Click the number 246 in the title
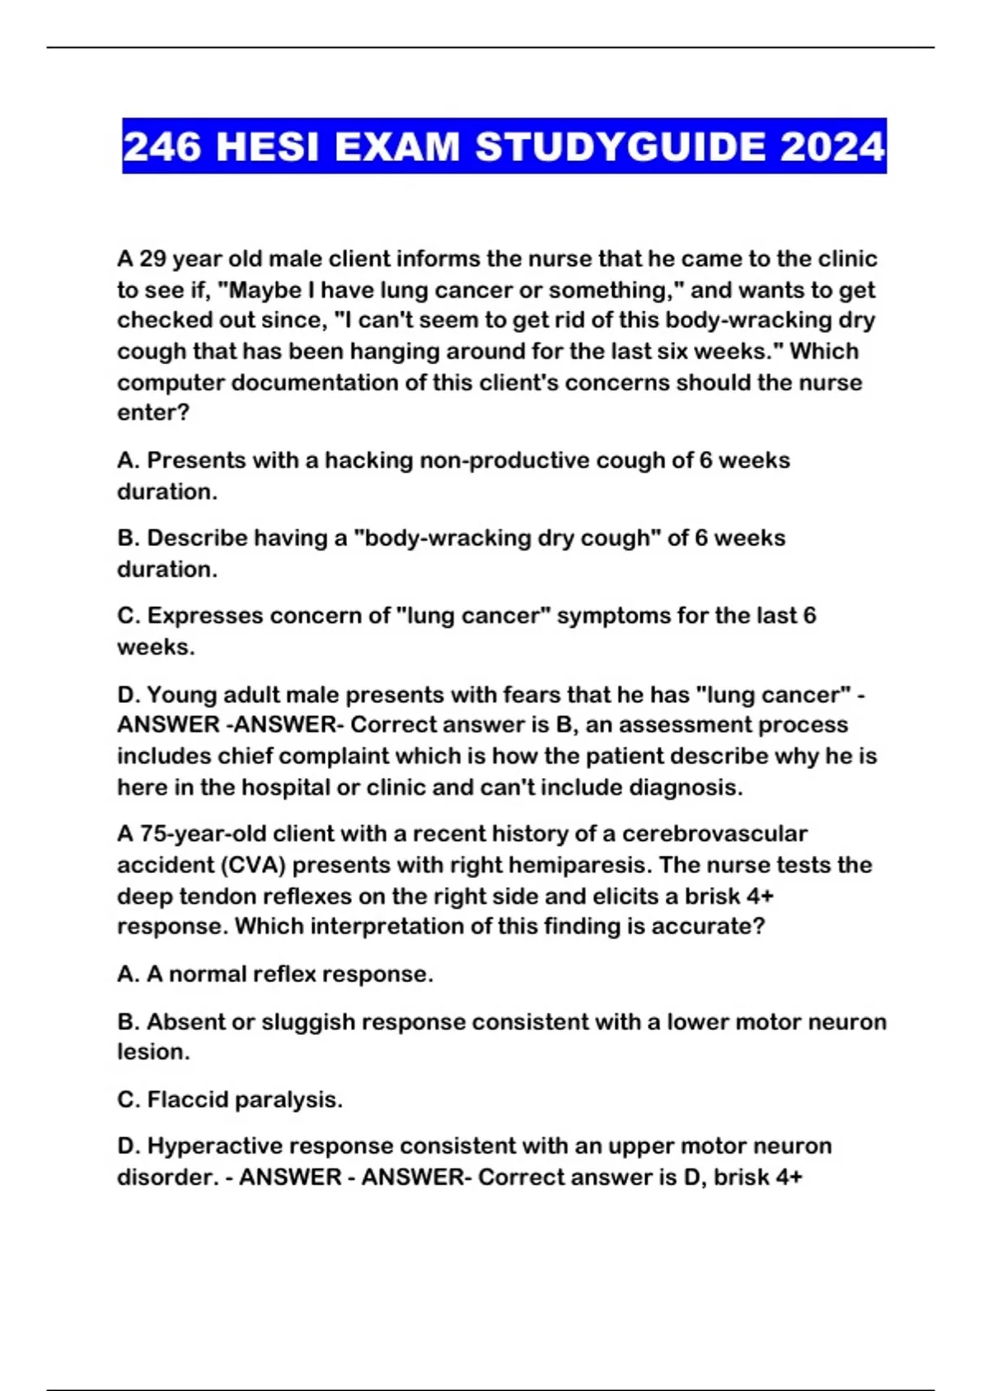coord(161,147)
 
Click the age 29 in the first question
coord(153,259)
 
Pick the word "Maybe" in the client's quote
coord(257,290)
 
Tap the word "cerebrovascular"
coord(714,834)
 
